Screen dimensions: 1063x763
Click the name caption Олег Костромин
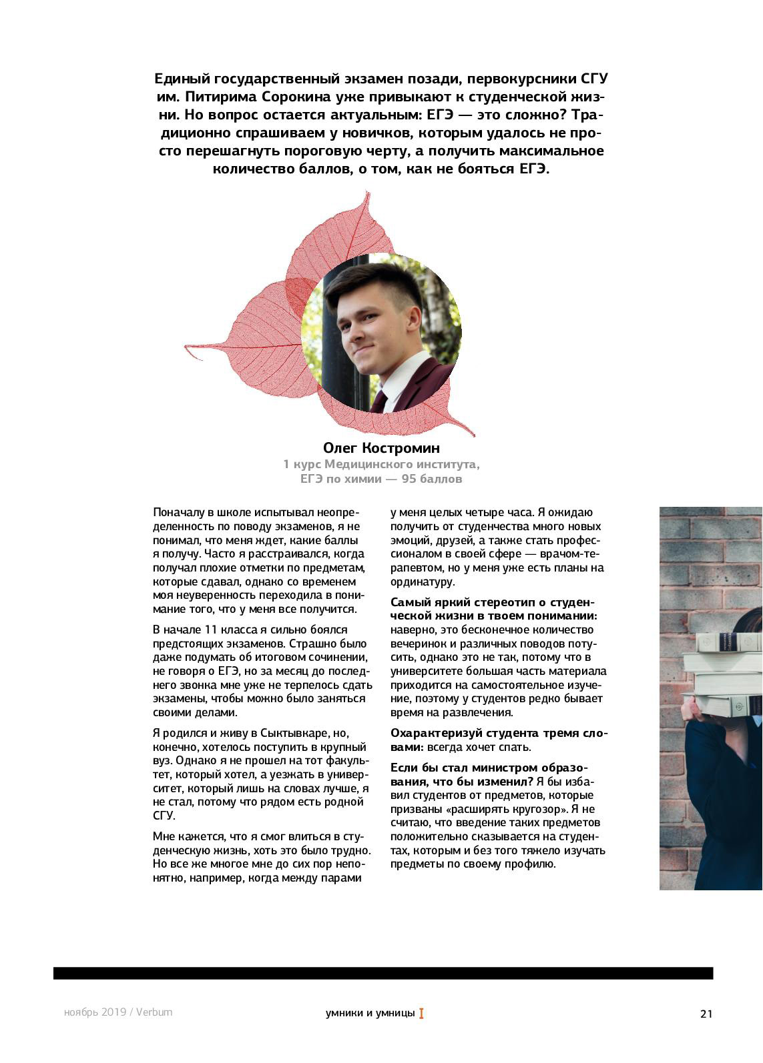coord(381,447)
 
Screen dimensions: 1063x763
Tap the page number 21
coord(706,1014)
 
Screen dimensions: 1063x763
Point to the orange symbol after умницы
coord(421,1014)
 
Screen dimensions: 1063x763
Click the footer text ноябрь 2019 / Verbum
coord(118,1012)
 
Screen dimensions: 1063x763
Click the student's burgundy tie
coord(378,401)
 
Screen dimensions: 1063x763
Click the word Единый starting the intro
coord(180,79)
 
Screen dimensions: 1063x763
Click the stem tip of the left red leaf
coord(187,346)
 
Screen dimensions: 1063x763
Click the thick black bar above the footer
coord(383,973)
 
